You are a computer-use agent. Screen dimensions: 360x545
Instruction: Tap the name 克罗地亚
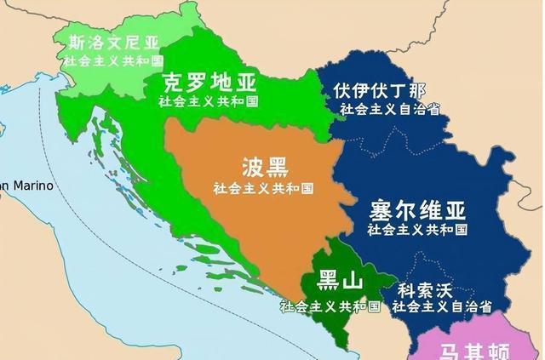[208, 83]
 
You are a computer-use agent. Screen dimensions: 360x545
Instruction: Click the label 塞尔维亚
[417, 209]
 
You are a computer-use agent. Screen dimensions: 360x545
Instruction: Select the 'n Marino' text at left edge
[26, 186]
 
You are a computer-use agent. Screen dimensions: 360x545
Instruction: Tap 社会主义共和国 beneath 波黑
[263, 187]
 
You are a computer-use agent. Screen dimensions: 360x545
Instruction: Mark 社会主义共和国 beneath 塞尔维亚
[417, 229]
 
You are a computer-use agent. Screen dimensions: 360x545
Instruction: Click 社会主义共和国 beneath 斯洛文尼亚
[112, 62]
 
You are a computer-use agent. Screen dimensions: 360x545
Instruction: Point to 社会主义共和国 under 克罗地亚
[209, 101]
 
